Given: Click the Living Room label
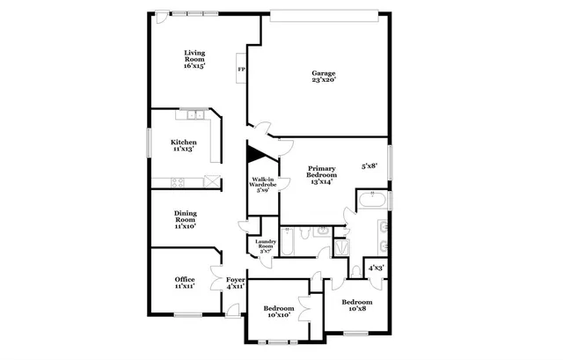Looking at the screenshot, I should click(194, 59).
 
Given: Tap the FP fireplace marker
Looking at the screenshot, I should click(241, 70).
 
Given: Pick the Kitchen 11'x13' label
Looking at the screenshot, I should click(184, 146).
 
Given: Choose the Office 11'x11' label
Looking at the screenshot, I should click(185, 283).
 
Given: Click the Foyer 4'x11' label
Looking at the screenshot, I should click(235, 283).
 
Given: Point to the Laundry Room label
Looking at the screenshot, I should click(266, 246).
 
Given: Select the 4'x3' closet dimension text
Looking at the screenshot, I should click(376, 268).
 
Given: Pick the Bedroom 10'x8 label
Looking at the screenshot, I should click(356, 305).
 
